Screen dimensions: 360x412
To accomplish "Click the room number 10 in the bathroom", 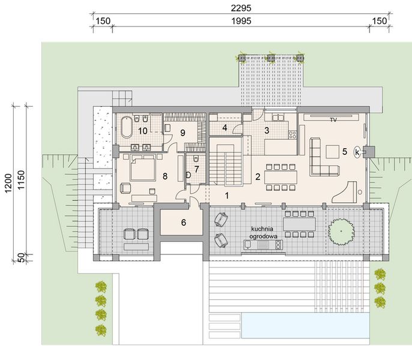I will pyautogui.click(x=143, y=130).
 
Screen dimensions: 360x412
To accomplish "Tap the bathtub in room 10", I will pyautogui.click(x=126, y=128).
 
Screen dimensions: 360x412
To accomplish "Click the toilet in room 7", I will pyautogui.click(x=189, y=175).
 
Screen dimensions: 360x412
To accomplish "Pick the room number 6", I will pyautogui.click(x=184, y=223).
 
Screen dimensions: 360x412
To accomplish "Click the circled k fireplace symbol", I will pyautogui.click(x=357, y=152).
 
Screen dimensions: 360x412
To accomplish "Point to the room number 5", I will pyautogui.click(x=344, y=152).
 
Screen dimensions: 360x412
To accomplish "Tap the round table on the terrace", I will pyautogui.click(x=341, y=230).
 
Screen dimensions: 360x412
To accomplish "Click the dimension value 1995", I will pyautogui.click(x=241, y=20).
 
